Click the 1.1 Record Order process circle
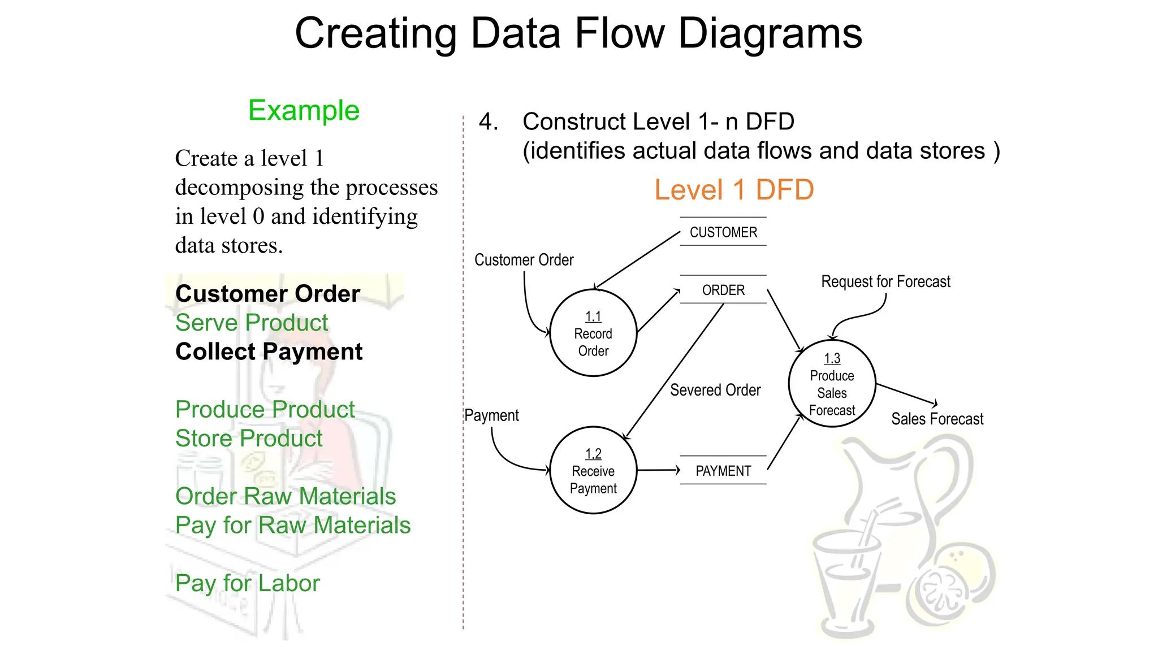[593, 333]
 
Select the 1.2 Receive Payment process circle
[593, 470]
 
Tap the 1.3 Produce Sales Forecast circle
[832, 384]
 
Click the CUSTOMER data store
[723, 232]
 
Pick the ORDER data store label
[723, 290]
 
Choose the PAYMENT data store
[723, 471]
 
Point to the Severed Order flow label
[715, 390]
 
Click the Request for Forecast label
[885, 281]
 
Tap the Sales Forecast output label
[937, 419]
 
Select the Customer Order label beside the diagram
[524, 260]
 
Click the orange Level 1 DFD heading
[733, 189]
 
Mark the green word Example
[304, 110]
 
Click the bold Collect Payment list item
[269, 351]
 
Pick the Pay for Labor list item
[247, 583]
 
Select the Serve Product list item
[252, 323]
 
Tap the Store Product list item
[249, 439]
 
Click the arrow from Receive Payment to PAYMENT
[658, 470]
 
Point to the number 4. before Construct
[488, 121]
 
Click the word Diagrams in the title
[770, 33]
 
